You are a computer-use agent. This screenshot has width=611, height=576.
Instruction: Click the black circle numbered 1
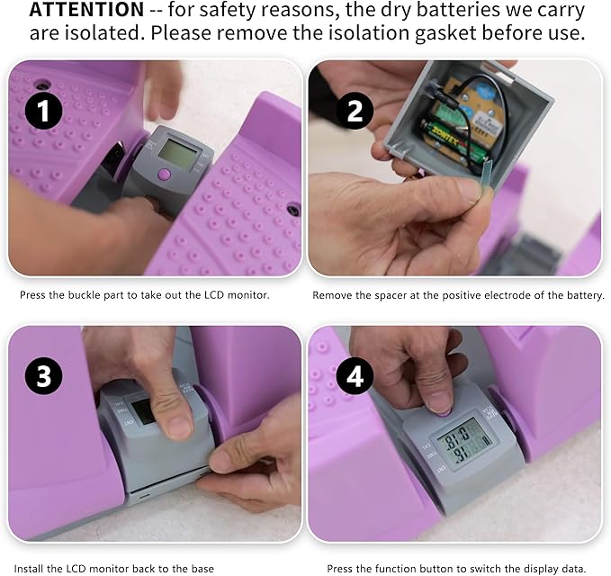[x=43, y=111]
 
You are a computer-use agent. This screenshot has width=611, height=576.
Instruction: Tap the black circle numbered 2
[x=355, y=111]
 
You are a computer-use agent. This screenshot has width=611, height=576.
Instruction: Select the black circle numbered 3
[x=43, y=376]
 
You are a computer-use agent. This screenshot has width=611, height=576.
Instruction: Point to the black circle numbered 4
[x=355, y=376]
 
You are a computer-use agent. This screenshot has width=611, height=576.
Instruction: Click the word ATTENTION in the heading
[x=87, y=10]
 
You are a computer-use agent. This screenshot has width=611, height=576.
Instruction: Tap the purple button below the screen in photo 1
[x=165, y=174]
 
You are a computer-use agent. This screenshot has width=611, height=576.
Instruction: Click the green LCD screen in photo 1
[x=177, y=153]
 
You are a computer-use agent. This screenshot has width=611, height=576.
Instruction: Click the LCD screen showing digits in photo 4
[x=463, y=440]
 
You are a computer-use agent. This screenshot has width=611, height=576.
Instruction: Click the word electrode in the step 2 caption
[x=511, y=295]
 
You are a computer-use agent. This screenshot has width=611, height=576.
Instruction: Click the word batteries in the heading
[x=453, y=10]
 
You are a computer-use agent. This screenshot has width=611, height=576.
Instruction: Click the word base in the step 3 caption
[x=202, y=569]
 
